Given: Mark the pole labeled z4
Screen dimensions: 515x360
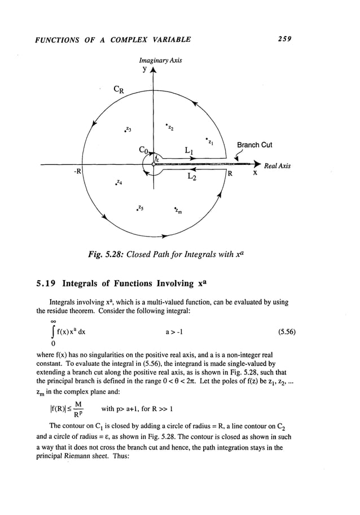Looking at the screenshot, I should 117,182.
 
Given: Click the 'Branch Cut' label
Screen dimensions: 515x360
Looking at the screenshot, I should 254,145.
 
